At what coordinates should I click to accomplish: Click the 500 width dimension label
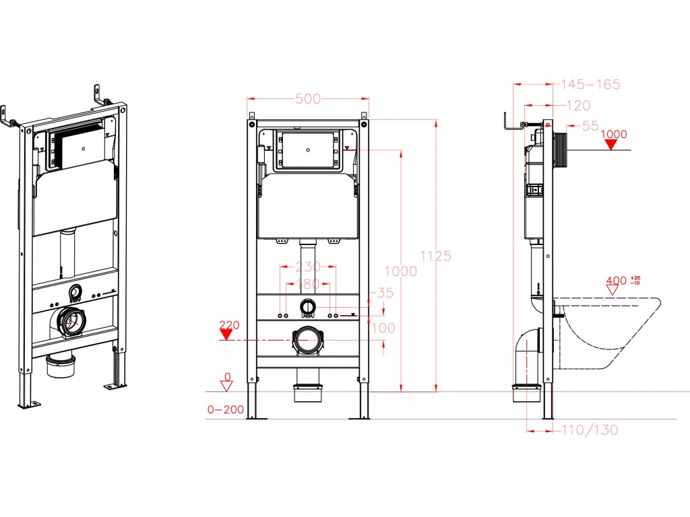pyautogui.click(x=308, y=99)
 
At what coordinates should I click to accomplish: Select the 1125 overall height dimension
pyautogui.click(x=435, y=256)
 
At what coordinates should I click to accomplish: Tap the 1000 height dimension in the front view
pyautogui.click(x=400, y=271)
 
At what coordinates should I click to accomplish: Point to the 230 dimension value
pyautogui.click(x=308, y=267)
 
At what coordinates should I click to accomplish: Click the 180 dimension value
pyautogui.click(x=308, y=284)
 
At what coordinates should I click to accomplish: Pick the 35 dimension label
pyautogui.click(x=385, y=294)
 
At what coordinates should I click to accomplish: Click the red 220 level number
pyautogui.click(x=230, y=325)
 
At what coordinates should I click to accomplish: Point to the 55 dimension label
pyautogui.click(x=590, y=125)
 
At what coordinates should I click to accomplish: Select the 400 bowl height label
pyautogui.click(x=616, y=279)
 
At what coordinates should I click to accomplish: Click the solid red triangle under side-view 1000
pyautogui.click(x=612, y=144)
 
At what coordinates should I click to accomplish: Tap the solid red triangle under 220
pyautogui.click(x=226, y=335)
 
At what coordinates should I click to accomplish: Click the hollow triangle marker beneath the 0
pyautogui.click(x=227, y=385)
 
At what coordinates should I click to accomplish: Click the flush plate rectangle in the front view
pyautogui.click(x=309, y=149)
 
